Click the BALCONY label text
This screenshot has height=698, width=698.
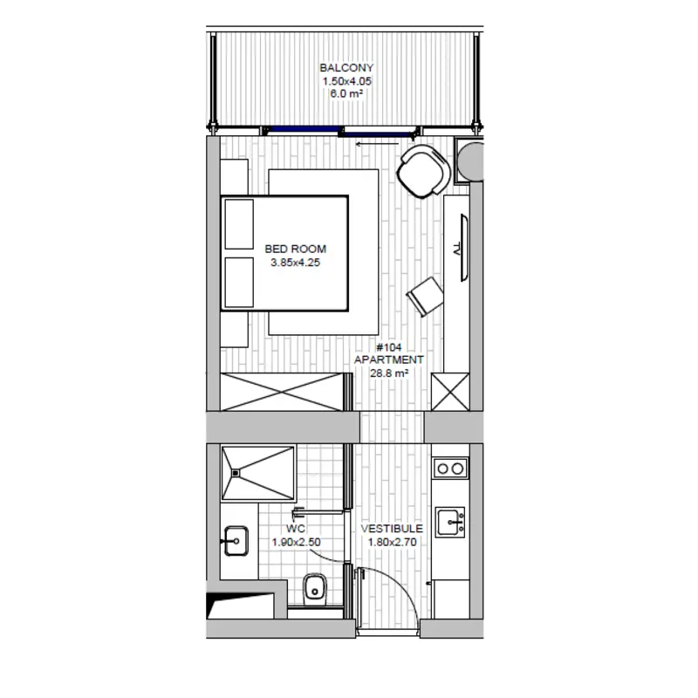346,68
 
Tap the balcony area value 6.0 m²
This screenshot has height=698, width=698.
346,93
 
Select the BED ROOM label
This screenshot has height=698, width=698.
296,249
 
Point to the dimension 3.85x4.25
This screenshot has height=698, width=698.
296,263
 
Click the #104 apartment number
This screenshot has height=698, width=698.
388,347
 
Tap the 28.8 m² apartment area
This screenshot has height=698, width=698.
388,373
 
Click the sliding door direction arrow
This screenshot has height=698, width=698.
377,144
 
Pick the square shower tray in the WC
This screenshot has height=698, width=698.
258,473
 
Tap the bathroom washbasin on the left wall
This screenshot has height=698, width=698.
236,541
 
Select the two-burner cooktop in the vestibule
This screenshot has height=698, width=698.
450,469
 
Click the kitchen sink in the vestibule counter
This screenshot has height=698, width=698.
450,522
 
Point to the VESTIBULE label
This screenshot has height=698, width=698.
392,529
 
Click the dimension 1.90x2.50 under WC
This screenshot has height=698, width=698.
296,542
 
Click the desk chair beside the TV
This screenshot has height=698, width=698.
425,296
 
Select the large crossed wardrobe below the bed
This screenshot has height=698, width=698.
282,392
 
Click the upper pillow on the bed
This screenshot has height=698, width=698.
239,224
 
